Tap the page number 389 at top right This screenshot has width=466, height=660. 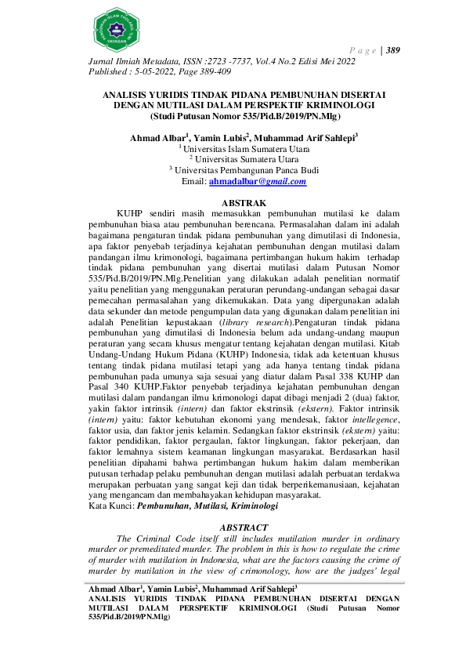pyautogui.click(x=394, y=51)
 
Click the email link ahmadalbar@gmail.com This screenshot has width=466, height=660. pyautogui.click(x=257, y=182)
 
